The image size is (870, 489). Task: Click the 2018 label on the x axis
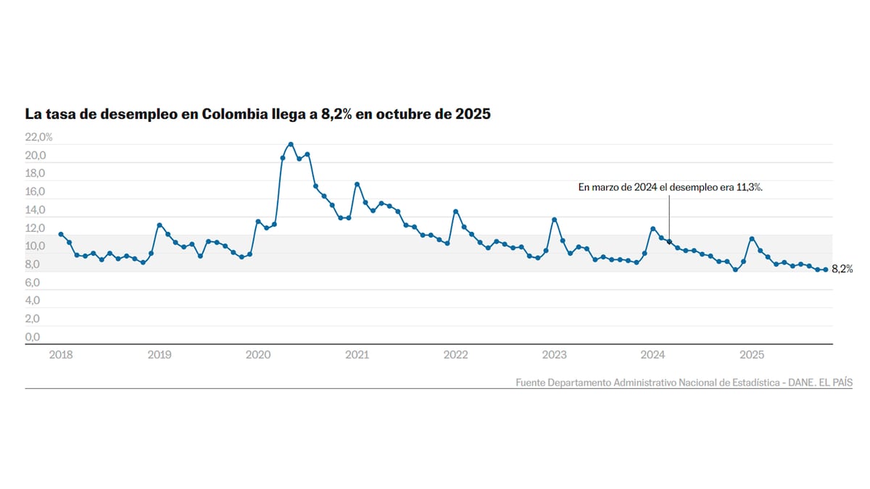61,355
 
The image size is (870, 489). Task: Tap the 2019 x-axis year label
159,355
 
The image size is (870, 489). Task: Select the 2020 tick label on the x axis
258,355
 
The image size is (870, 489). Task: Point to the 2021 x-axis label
357,355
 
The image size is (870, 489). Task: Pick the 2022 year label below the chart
455,355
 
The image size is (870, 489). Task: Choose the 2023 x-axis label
555,355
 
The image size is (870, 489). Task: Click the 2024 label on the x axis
653,355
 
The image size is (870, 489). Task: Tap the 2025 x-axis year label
752,355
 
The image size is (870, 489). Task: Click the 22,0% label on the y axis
38,137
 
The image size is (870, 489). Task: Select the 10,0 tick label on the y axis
36,246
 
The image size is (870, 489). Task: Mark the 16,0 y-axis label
36,192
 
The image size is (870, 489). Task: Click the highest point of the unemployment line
291,144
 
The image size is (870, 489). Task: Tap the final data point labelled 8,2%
826,269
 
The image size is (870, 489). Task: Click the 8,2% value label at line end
842,269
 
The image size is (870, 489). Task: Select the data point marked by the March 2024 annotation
669,242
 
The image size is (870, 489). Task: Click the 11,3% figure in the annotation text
750,187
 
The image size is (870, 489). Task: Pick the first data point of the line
61,234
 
